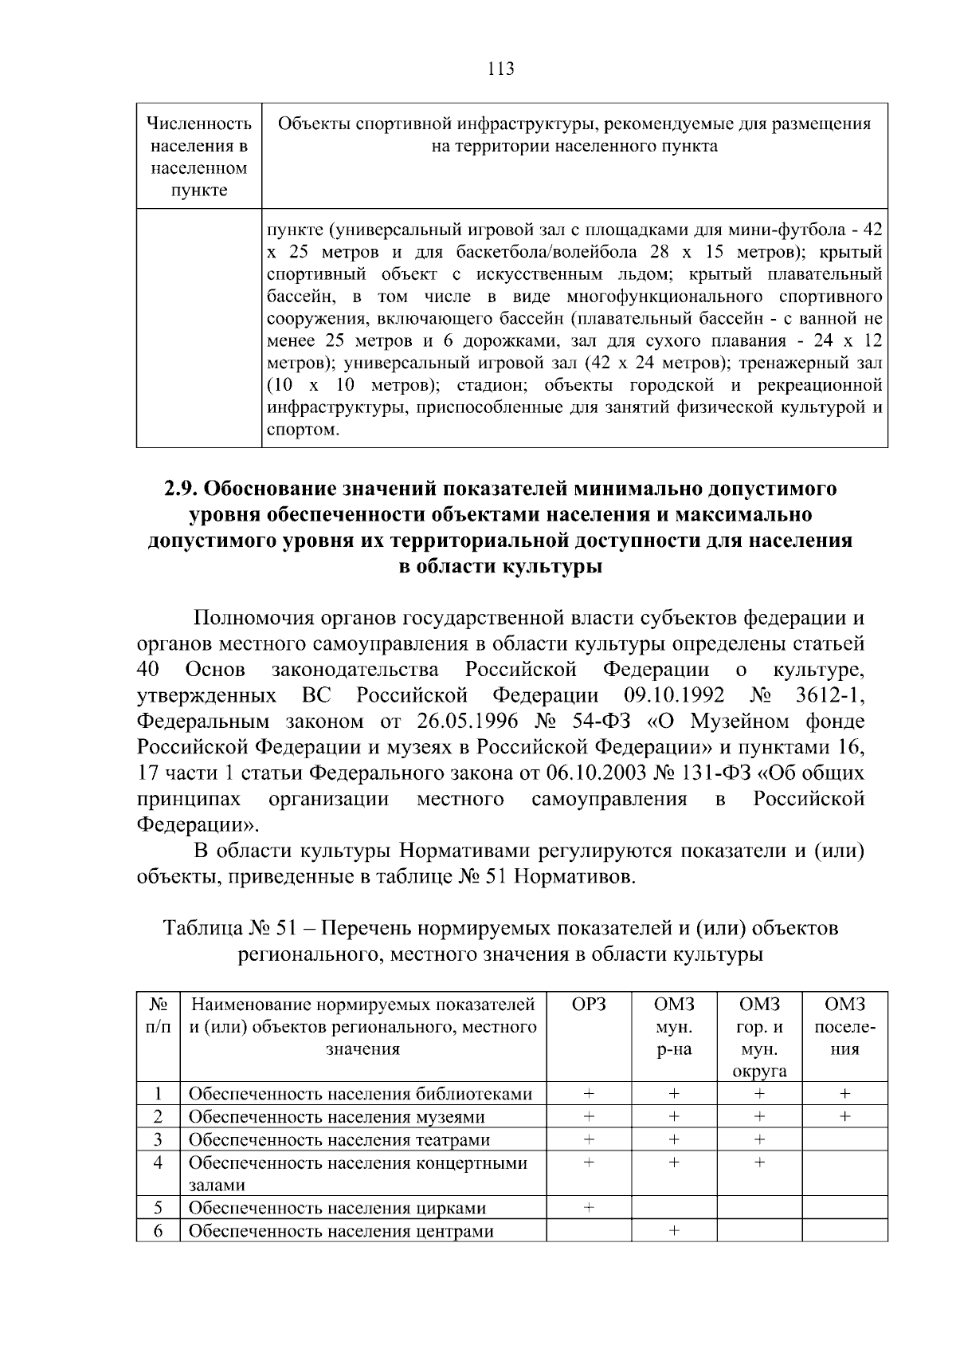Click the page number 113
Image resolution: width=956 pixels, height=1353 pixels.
coord(500,69)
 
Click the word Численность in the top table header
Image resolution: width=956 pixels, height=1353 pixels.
coord(199,124)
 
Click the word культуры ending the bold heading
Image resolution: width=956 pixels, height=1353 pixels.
coord(552,567)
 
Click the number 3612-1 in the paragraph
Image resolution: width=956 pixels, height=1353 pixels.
coord(830,695)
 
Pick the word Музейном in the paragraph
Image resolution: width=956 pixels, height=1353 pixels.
coord(738,722)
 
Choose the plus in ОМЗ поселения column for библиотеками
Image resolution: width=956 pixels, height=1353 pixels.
coord(844,1093)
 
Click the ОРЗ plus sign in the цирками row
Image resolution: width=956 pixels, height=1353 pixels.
coord(589,1208)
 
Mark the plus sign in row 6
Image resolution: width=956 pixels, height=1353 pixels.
coord(674,1231)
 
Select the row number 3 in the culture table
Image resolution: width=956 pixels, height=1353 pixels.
coord(158,1139)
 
